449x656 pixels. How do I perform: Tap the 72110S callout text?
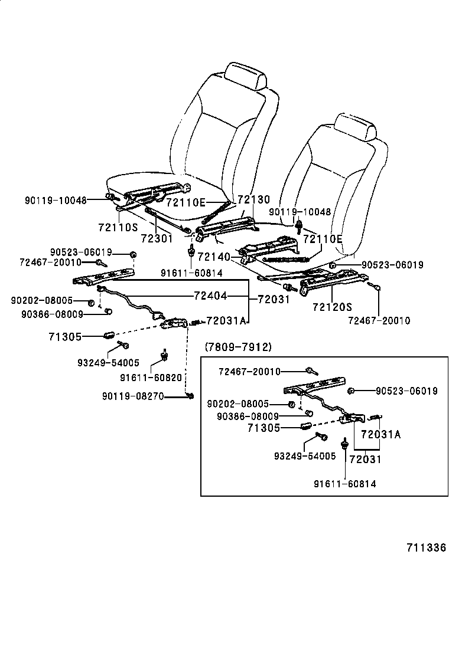(x=118, y=227)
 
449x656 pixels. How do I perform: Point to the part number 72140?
(x=213, y=257)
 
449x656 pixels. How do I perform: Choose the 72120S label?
(x=332, y=307)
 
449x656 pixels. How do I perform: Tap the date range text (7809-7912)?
(x=238, y=347)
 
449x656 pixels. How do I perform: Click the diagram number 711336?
(x=425, y=547)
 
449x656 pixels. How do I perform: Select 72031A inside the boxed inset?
(x=380, y=435)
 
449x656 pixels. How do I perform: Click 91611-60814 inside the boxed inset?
(x=345, y=484)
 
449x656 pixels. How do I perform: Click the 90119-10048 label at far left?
(x=56, y=200)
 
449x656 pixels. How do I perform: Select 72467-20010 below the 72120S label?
(x=379, y=320)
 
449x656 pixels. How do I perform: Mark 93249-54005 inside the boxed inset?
(x=305, y=456)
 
